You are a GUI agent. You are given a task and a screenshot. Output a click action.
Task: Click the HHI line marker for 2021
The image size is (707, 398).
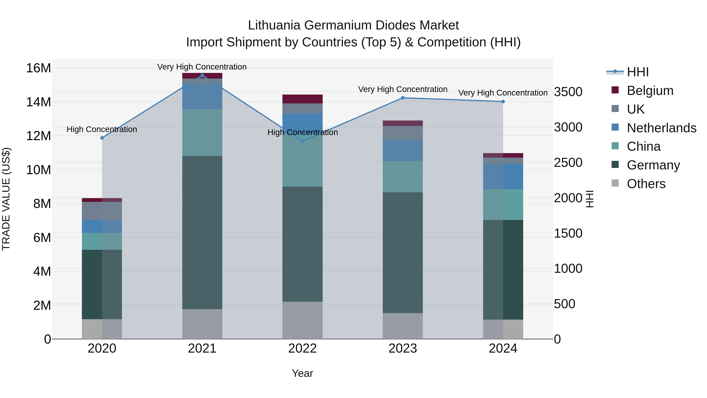click(x=202, y=75)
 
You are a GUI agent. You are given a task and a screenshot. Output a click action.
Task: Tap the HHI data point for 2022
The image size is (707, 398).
click(x=302, y=141)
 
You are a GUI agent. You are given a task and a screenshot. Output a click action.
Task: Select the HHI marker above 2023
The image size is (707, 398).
click(x=403, y=98)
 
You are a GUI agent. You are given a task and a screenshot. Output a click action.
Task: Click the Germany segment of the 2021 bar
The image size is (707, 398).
click(x=202, y=232)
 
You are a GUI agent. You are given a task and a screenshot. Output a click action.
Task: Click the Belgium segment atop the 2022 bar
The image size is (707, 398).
click(x=302, y=99)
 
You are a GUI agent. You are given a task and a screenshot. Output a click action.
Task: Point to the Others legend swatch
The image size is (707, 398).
click(x=615, y=183)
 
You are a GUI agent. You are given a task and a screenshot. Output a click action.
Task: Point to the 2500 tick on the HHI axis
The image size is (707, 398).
click(x=568, y=163)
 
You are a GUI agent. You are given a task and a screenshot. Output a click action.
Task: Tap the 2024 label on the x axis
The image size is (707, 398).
click(x=503, y=348)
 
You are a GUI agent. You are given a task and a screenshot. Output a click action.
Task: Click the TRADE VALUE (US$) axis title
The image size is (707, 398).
click(x=6, y=199)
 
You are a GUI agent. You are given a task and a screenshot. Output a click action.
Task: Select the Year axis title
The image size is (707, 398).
click(x=302, y=373)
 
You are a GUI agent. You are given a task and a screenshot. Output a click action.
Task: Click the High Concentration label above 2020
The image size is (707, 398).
click(x=102, y=129)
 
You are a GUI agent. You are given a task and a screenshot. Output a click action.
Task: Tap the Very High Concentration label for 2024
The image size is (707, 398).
click(x=503, y=93)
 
